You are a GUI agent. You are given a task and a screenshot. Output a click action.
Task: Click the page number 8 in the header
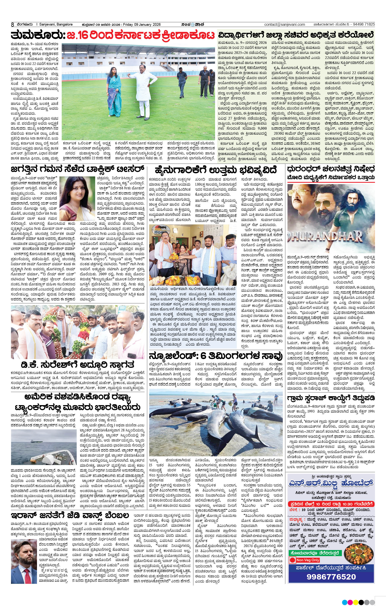click(x=12, y=25)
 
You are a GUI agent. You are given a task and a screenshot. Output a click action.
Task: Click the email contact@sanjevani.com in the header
click(x=284, y=25)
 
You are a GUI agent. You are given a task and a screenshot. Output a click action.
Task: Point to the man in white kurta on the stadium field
click(x=140, y=91)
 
